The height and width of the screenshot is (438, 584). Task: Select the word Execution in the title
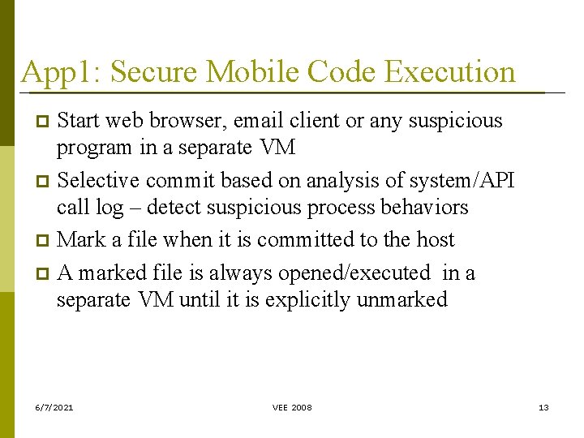point(450,72)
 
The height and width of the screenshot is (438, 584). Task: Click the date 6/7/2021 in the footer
point(54,407)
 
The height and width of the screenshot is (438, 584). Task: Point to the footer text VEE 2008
point(292,407)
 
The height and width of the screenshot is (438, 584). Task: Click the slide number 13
point(543,407)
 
